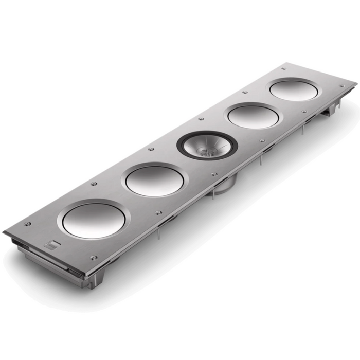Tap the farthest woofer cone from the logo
(x=294, y=90)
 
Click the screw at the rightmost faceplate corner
(x=341, y=85)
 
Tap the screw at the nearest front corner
(x=93, y=258)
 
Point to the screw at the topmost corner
(x=283, y=68)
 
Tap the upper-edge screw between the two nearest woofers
(x=94, y=184)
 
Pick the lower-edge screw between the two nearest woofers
(x=158, y=212)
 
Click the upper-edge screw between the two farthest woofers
(x=244, y=93)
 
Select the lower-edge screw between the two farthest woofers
(x=304, y=111)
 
